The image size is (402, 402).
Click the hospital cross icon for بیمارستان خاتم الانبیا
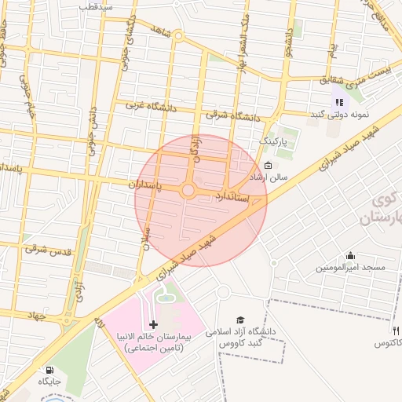click(x=153, y=324)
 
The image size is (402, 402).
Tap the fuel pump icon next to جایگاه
click(x=51, y=370)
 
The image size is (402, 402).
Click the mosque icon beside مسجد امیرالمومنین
click(x=349, y=255)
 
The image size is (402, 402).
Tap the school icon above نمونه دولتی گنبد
click(x=339, y=101)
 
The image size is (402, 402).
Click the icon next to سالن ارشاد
click(x=268, y=165)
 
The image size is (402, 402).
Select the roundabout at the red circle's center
click(x=188, y=191)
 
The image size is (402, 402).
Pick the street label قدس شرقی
click(x=48, y=250)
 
